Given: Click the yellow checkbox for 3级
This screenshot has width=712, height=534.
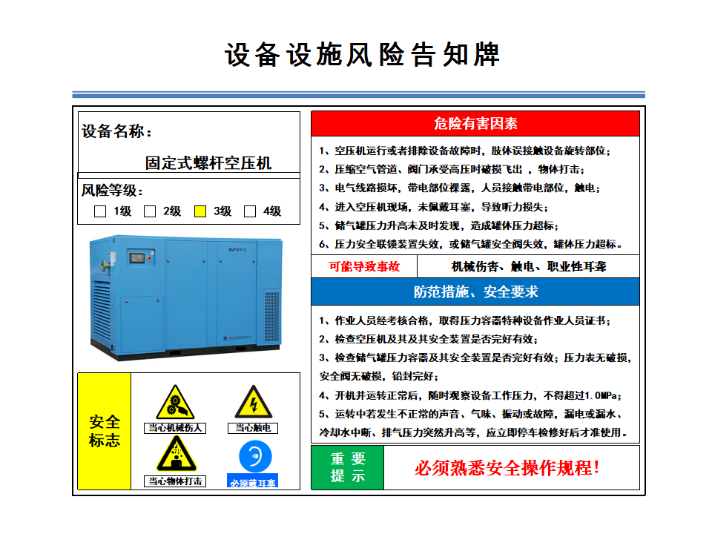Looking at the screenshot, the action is (x=200, y=211).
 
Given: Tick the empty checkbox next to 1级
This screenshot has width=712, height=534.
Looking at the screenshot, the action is (x=100, y=211).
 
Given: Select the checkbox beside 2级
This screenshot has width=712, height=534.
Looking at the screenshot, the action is (x=150, y=211).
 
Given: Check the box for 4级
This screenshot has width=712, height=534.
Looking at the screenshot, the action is (x=250, y=211).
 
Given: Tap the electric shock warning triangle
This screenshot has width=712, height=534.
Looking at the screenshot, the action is (x=254, y=402).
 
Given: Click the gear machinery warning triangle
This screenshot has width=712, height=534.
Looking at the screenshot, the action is (x=175, y=402).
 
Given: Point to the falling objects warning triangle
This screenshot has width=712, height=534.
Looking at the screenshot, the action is (x=177, y=454).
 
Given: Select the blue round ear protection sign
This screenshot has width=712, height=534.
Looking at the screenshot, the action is (x=255, y=456).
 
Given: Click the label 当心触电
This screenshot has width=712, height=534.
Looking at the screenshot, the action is (x=253, y=428).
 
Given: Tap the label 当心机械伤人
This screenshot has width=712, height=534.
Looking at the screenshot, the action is (x=175, y=428).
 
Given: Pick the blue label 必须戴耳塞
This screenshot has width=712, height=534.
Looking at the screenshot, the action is (x=252, y=482).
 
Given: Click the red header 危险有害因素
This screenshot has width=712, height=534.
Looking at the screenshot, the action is (x=475, y=124).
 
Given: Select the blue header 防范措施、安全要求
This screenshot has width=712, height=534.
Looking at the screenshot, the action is (x=475, y=291).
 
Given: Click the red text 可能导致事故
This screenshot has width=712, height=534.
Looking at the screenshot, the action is (x=364, y=266).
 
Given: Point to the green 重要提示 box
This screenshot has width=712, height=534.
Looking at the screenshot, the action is (x=348, y=468).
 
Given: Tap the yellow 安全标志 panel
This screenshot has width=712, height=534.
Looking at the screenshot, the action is (x=105, y=432).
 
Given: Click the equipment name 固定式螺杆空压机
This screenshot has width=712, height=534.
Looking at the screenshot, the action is (x=208, y=162).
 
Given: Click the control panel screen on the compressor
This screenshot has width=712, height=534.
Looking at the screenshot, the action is (x=137, y=258).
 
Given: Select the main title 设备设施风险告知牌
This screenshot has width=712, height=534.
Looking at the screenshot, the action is (x=363, y=55).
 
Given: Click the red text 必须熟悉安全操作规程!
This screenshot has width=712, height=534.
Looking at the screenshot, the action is (x=507, y=468).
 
